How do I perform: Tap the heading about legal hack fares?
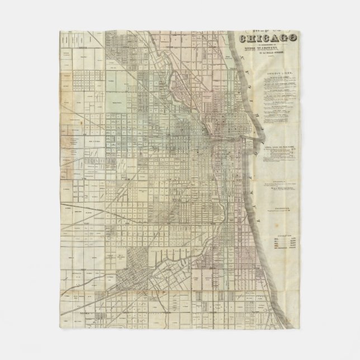(283, 145)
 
